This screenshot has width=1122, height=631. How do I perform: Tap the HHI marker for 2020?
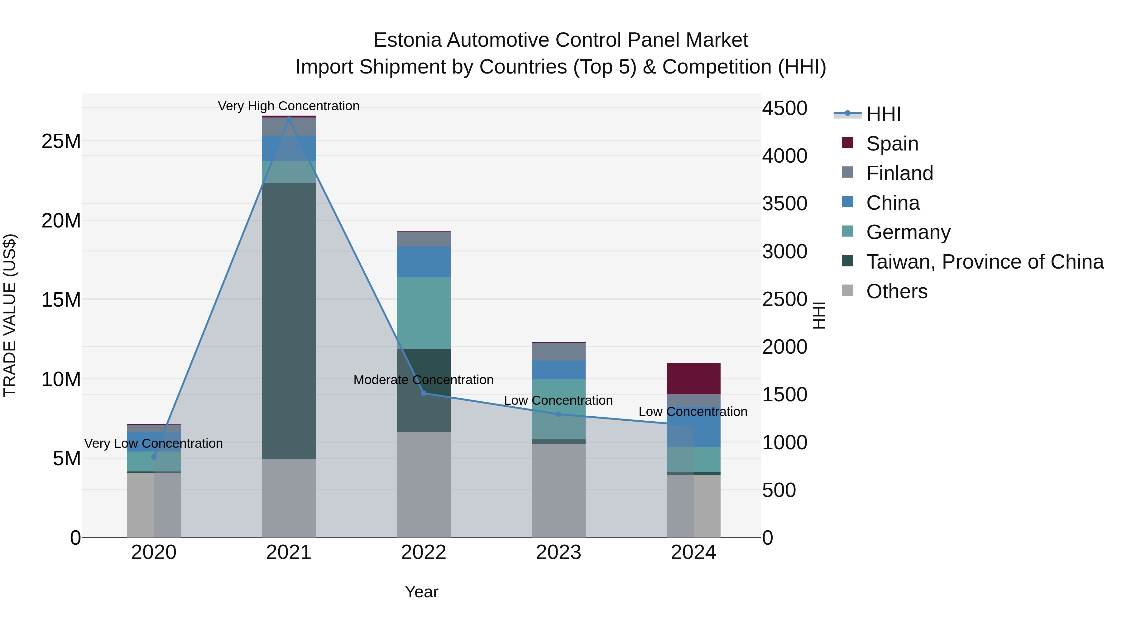pyautogui.click(x=153, y=457)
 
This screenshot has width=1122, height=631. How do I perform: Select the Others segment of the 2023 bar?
pyautogui.click(x=559, y=490)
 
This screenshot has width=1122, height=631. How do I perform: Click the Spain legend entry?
pyautogui.click(x=892, y=143)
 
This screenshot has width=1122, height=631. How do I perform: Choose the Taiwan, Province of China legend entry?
pyautogui.click(x=984, y=262)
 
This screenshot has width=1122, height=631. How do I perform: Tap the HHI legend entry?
pyautogui.click(x=883, y=114)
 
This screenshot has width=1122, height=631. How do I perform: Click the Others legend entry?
pyautogui.click(x=896, y=291)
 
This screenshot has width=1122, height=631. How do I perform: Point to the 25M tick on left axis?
pyautogui.click(x=61, y=141)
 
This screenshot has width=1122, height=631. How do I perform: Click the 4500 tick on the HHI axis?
pyautogui.click(x=784, y=108)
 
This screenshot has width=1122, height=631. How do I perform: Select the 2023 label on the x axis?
pyautogui.click(x=559, y=552)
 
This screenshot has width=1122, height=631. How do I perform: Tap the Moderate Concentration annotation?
pyautogui.click(x=423, y=380)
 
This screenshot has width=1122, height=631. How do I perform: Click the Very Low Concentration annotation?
pyautogui.click(x=153, y=443)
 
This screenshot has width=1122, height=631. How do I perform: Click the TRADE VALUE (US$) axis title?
pyautogui.click(x=10, y=315)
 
